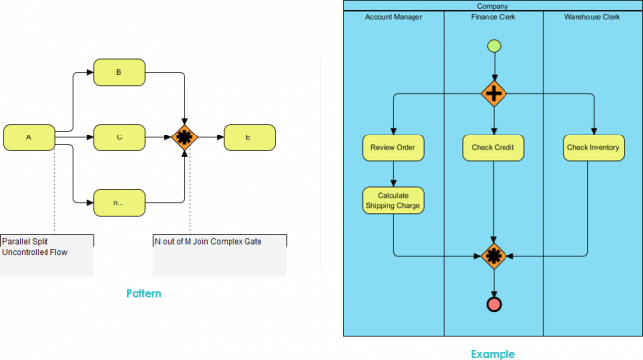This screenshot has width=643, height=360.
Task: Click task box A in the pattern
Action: [x=29, y=137]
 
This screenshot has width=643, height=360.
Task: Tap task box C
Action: [x=119, y=137]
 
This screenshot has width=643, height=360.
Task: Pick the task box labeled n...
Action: [x=119, y=202]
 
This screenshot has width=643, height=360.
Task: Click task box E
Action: [x=249, y=137]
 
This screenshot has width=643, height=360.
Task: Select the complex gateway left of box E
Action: [x=185, y=137]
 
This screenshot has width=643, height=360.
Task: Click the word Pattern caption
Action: [x=144, y=294]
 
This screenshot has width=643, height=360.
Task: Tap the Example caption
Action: [x=492, y=351]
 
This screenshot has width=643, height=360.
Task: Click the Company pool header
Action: [x=492, y=5]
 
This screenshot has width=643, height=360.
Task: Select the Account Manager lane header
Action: [x=393, y=17]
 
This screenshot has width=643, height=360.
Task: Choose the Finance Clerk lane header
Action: [x=492, y=17]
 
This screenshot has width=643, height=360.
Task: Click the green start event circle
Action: [x=493, y=45]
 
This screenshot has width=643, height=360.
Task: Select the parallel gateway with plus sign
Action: [x=493, y=94]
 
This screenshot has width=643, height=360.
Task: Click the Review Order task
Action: [x=393, y=148]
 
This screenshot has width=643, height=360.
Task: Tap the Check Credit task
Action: [x=493, y=148]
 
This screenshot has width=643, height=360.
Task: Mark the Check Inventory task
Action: [x=594, y=148]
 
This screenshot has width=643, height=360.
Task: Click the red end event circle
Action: [x=493, y=304]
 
